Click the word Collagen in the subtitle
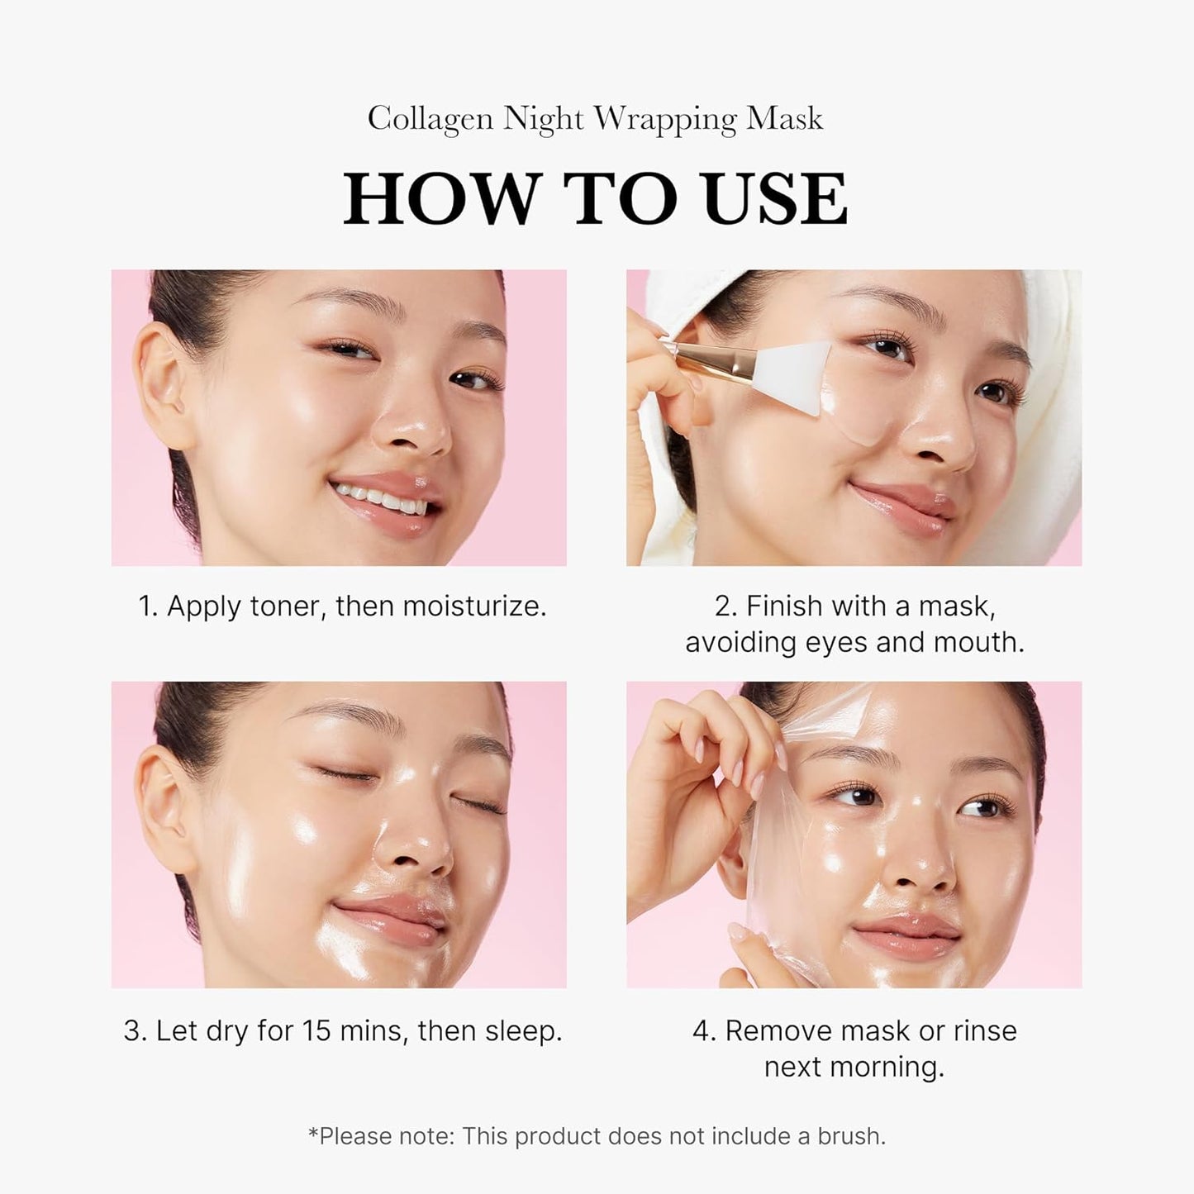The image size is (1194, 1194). [x=431, y=119]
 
